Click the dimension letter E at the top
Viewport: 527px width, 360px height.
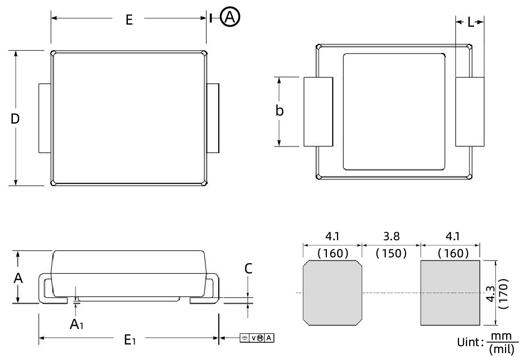pyautogui.click(x=129, y=20)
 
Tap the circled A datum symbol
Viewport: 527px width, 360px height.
pyautogui.click(x=231, y=18)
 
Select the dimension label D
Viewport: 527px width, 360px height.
pyautogui.click(x=16, y=119)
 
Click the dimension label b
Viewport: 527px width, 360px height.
pyautogui.click(x=279, y=111)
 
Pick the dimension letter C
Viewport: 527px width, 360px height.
pyautogui.click(x=248, y=269)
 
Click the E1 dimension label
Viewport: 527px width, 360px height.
pyautogui.click(x=129, y=340)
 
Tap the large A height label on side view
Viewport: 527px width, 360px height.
pyautogui.click(x=18, y=278)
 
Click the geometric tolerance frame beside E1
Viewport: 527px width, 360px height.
pyautogui.click(x=257, y=338)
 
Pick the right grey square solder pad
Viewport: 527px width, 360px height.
pyautogui.click(x=450, y=292)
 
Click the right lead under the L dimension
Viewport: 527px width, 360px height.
pyautogui.click(x=470, y=111)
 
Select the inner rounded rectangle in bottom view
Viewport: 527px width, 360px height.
pyautogui.click(x=394, y=111)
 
